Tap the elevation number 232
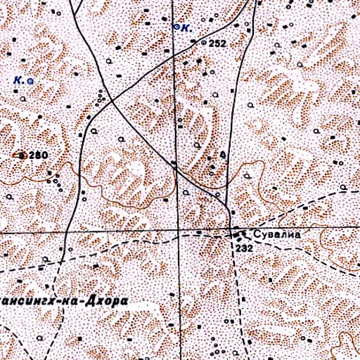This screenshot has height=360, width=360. [x=244, y=249]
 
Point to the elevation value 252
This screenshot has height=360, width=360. [x=217, y=44]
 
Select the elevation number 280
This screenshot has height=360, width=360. [x=38, y=155]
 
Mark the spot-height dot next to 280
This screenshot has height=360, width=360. [x=22, y=155]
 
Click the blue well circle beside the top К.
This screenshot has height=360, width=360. [x=176, y=27]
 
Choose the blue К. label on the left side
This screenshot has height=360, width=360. [x=18, y=81]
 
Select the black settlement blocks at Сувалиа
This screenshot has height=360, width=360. [x=238, y=233]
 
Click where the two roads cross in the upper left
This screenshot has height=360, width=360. [x=112, y=102]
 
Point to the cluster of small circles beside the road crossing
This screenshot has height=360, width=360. [x=102, y=96]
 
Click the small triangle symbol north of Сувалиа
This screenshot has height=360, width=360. [x=222, y=153]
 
